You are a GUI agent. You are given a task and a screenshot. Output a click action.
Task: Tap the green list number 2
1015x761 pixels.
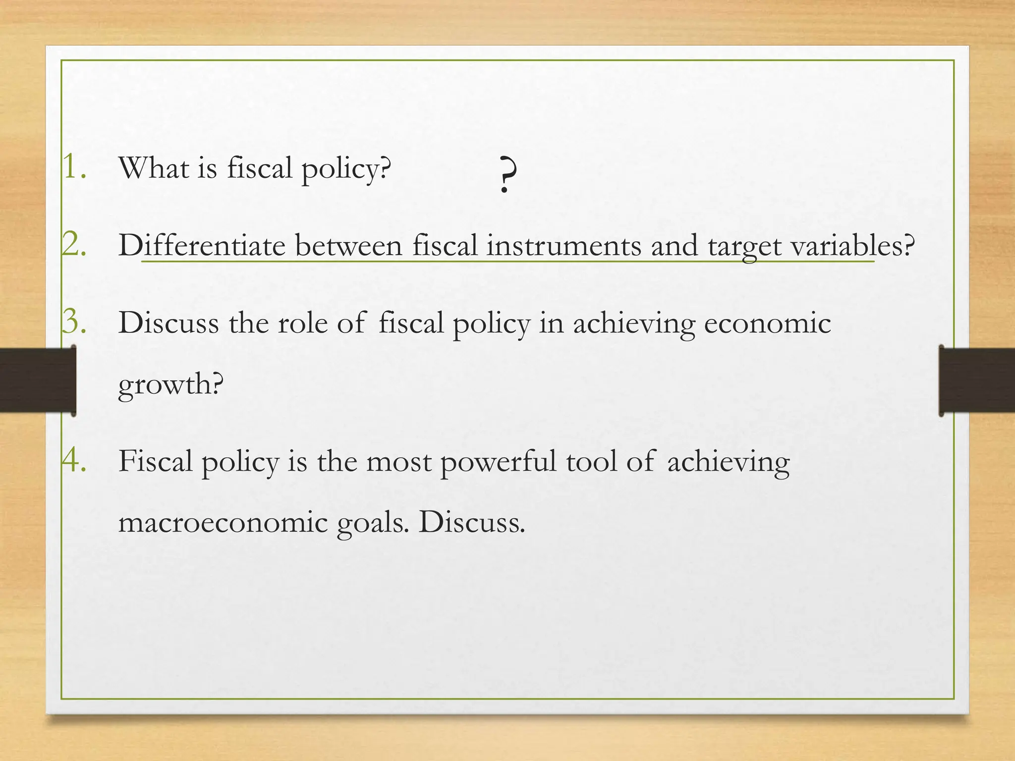coord(74,244)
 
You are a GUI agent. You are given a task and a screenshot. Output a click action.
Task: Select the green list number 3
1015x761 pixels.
coord(74,322)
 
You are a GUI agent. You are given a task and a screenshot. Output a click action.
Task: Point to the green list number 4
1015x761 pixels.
coord(74,460)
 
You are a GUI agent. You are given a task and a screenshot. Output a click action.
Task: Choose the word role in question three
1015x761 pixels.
coord(302,323)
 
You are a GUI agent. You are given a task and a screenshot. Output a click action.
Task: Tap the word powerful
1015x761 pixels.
coord(498,462)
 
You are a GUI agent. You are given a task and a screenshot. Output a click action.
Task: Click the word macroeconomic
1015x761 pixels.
coord(223,523)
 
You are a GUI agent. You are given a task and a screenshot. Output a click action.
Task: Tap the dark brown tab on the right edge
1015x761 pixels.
coord(977,380)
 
